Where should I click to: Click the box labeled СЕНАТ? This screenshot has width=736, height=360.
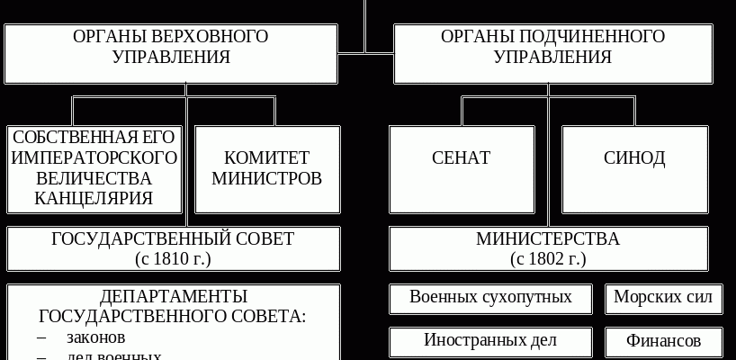(461, 158)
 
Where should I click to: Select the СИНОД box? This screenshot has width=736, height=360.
(634, 158)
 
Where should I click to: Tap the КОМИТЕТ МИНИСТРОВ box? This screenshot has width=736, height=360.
(266, 167)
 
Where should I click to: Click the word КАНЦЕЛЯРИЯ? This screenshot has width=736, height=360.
(94, 198)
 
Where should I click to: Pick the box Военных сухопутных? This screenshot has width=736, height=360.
(490, 297)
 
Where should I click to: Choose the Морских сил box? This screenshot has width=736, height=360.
(662, 297)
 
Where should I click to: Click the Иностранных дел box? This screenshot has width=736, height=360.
(490, 340)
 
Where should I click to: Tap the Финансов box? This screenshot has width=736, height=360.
(662, 342)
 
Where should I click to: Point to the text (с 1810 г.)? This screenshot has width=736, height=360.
(173, 259)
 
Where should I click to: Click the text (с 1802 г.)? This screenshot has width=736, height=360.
(548, 259)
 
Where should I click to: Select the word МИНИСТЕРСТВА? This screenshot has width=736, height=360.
(548, 239)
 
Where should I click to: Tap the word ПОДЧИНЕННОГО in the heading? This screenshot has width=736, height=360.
(591, 37)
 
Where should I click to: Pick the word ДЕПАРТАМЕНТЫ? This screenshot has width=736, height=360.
(174, 297)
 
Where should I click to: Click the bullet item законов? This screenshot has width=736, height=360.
(95, 337)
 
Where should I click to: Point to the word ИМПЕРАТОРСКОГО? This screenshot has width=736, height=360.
(94, 157)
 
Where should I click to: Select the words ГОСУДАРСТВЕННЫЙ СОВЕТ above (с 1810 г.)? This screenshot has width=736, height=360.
(173, 239)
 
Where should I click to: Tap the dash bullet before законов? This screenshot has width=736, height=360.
(42, 337)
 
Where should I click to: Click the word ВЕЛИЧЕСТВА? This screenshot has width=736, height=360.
(94, 177)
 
